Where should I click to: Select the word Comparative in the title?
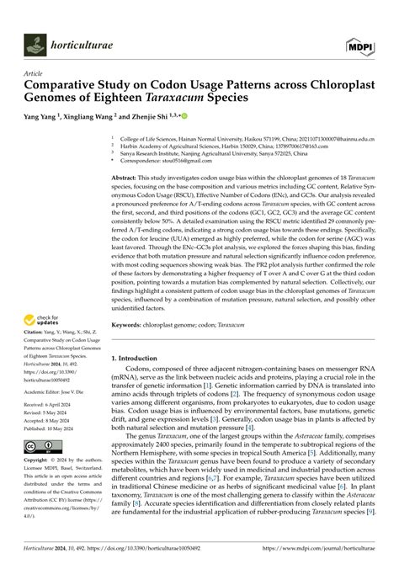click(61, 86)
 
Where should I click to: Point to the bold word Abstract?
click(127, 178)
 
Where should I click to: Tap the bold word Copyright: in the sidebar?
click(39, 462)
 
